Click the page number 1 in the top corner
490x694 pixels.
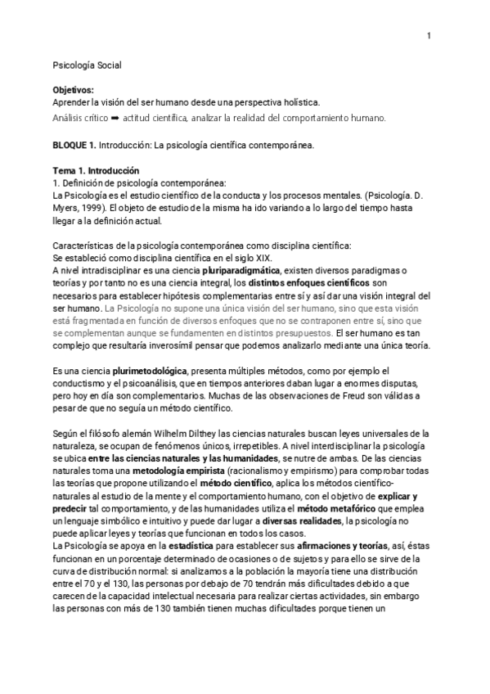point(429,36)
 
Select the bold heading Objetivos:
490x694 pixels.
point(73,89)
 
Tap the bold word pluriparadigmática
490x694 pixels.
point(237,271)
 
